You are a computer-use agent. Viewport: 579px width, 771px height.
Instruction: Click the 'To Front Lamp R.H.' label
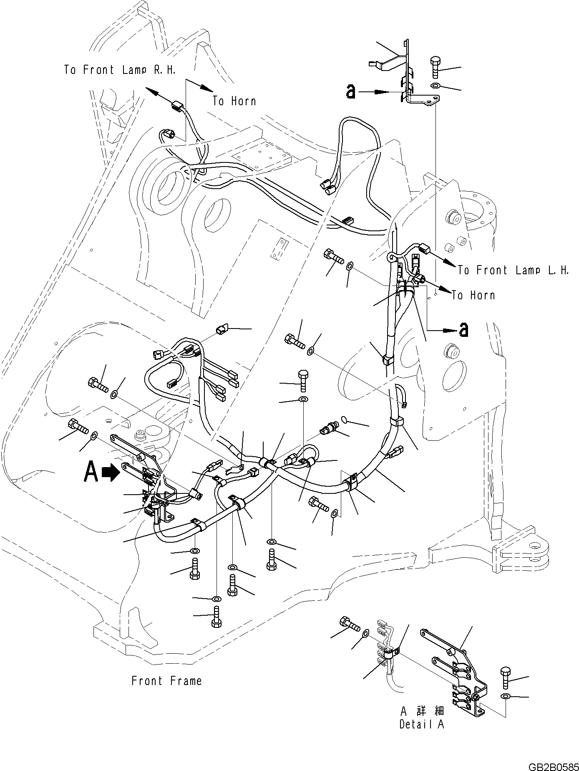[x=120, y=70]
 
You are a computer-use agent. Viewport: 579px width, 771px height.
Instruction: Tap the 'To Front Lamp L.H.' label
[x=513, y=270]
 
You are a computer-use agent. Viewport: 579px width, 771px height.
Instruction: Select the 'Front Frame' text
[x=166, y=681]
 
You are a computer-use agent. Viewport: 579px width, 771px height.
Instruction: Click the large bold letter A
[x=91, y=472]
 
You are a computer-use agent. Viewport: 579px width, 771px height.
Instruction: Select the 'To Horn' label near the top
[x=234, y=101]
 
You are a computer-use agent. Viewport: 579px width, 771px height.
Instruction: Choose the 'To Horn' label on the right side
[x=473, y=295]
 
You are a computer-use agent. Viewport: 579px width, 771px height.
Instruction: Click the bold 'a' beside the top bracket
[x=351, y=92]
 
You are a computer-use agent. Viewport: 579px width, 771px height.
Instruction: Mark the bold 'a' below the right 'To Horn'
[x=463, y=330]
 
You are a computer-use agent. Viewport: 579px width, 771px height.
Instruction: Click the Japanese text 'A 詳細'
[x=422, y=711]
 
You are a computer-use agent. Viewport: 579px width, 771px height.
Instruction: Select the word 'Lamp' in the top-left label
[x=135, y=70]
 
